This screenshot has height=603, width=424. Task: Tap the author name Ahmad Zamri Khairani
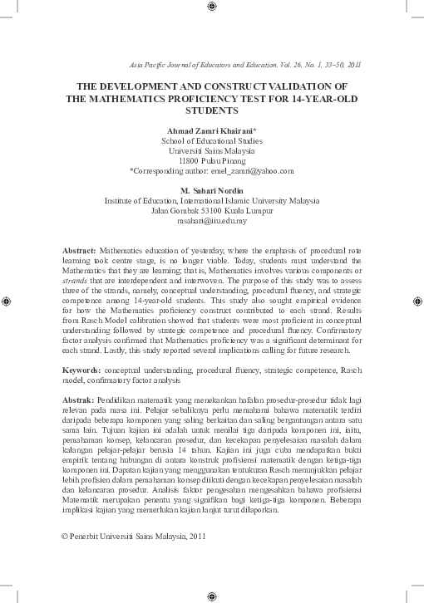click(210, 131)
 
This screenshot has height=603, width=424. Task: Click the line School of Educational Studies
click(212, 141)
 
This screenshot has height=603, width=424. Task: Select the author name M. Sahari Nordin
click(212, 191)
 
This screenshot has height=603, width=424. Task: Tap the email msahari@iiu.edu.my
click(212, 221)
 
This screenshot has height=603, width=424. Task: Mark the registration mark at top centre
click(210, 7)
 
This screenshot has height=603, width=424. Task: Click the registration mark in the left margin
click(7, 300)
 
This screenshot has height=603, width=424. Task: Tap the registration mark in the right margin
click(416, 300)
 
